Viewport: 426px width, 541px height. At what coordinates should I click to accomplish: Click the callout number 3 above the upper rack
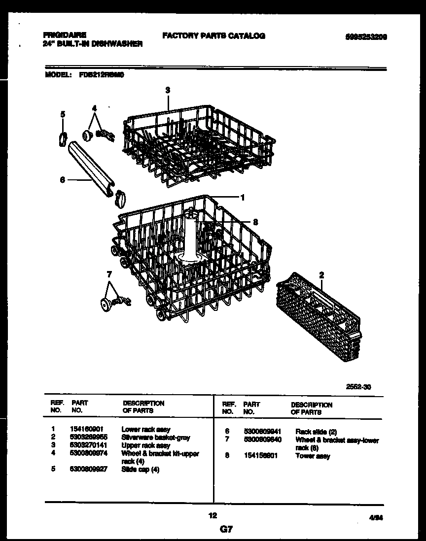(x=168, y=90)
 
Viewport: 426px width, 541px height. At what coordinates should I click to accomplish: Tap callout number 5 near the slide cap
(x=63, y=114)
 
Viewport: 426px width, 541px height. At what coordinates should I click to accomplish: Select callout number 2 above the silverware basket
(x=321, y=275)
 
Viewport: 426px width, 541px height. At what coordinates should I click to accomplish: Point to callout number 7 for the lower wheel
(x=109, y=274)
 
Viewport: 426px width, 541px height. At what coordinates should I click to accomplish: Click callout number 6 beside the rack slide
(x=62, y=180)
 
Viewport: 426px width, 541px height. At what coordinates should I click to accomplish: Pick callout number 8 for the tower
(x=255, y=222)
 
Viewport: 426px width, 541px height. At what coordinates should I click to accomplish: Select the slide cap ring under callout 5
(x=63, y=139)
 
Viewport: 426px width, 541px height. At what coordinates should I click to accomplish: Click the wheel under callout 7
(x=105, y=305)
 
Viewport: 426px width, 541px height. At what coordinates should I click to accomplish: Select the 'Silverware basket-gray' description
(x=155, y=438)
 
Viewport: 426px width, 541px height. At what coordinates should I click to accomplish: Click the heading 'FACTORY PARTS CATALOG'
(x=213, y=35)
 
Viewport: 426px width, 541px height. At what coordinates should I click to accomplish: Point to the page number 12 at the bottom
(x=213, y=516)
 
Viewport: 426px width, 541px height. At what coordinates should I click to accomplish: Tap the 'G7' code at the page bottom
(x=225, y=530)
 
